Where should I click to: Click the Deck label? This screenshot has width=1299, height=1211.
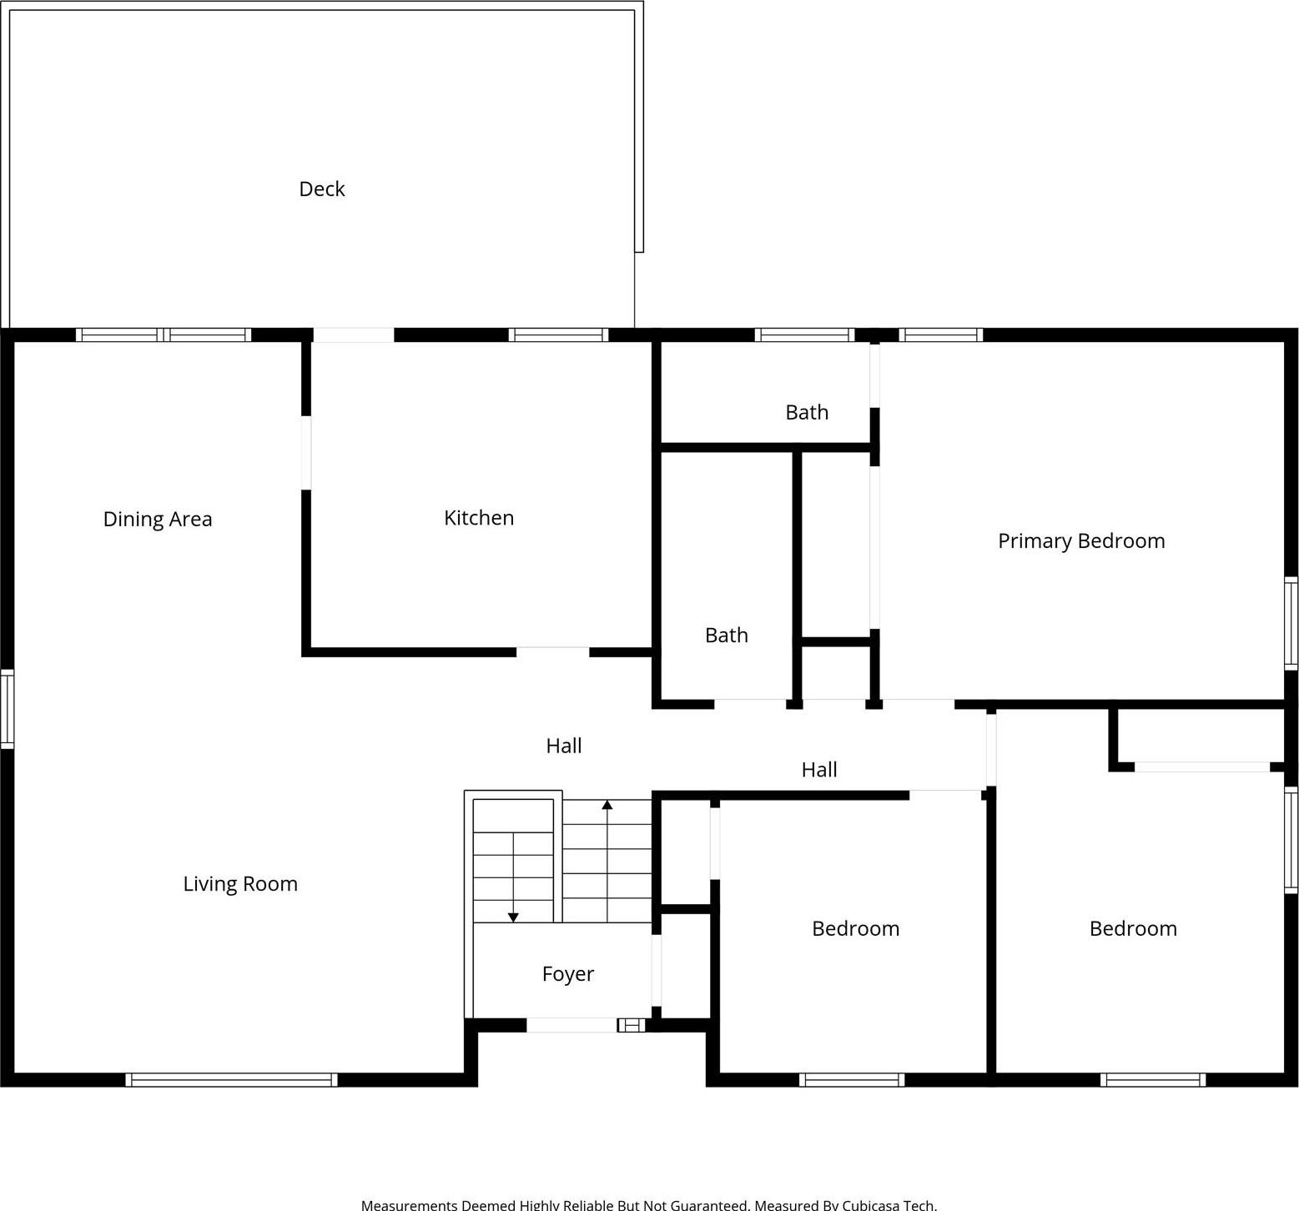[x=322, y=189]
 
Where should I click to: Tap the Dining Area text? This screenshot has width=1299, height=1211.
[x=158, y=519]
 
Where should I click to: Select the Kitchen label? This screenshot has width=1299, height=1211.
[x=479, y=518]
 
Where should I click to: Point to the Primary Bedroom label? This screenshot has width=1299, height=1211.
[x=1081, y=540]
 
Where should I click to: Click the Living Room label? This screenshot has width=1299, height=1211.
[x=240, y=884]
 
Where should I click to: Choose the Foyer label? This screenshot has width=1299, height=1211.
[x=568, y=974]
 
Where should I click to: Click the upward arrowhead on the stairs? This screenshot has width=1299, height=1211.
[x=607, y=805]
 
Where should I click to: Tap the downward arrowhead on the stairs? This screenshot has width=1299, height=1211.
[x=513, y=917]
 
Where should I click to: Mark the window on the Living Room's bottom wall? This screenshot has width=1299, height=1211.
[x=232, y=1080]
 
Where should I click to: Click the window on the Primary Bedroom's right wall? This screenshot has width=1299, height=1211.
[x=1291, y=623]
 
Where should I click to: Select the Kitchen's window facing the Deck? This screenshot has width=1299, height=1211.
[x=558, y=335]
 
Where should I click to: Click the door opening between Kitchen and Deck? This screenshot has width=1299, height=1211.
[x=354, y=335]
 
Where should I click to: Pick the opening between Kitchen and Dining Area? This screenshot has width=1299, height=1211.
[x=306, y=453]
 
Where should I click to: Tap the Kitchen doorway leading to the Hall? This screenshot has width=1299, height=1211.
[x=552, y=652]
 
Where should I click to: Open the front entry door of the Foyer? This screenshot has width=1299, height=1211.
[x=571, y=1025]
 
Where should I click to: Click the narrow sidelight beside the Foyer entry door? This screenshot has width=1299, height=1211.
[x=632, y=1025]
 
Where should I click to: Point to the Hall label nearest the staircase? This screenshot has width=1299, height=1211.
[x=564, y=746]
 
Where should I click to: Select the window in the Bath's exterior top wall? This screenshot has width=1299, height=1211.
[x=804, y=335]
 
